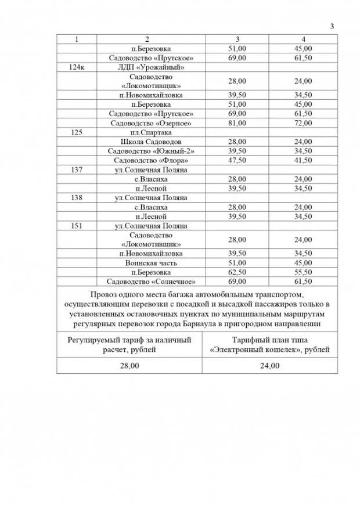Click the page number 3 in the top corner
332,26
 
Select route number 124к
77,68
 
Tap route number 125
77,132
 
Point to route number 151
77,226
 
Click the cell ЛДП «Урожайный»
146,68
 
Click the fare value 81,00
238,123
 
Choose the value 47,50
238,160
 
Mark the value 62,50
238,272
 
